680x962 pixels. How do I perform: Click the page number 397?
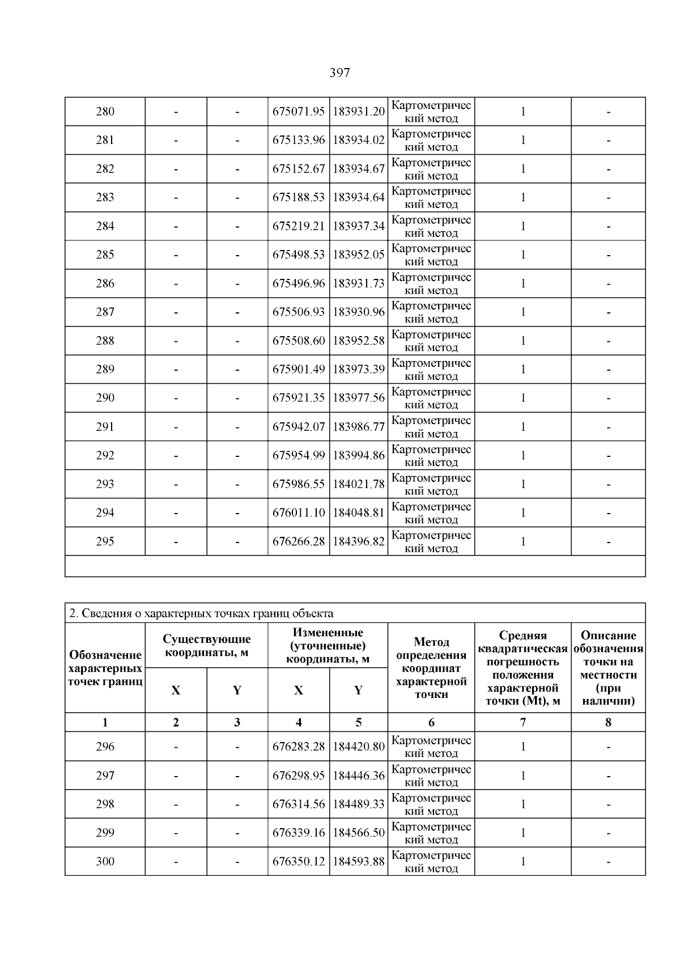click(x=339, y=73)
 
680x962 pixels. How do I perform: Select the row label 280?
click(x=105, y=112)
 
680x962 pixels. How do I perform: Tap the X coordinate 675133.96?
click(x=299, y=140)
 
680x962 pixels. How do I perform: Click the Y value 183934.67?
click(x=359, y=169)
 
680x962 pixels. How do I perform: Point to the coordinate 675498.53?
click(x=299, y=255)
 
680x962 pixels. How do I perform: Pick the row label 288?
click(x=105, y=341)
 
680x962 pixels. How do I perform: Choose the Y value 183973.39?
click(x=359, y=370)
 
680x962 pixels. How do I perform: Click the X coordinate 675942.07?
click(x=299, y=427)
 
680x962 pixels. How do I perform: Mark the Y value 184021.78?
click(x=359, y=484)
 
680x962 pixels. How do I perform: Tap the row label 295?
click(x=105, y=541)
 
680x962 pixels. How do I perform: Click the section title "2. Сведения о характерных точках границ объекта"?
click(x=201, y=613)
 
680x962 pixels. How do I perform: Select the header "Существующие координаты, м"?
click(x=206, y=646)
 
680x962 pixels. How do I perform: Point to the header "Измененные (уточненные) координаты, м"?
click(x=328, y=646)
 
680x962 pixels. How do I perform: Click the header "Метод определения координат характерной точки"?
click(x=431, y=668)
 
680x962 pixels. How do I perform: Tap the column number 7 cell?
click(x=522, y=722)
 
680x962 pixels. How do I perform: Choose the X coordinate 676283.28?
click(x=299, y=747)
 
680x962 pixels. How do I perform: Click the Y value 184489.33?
click(x=359, y=804)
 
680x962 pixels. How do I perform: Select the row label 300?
click(x=105, y=862)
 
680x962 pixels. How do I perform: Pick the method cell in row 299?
click(x=431, y=833)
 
